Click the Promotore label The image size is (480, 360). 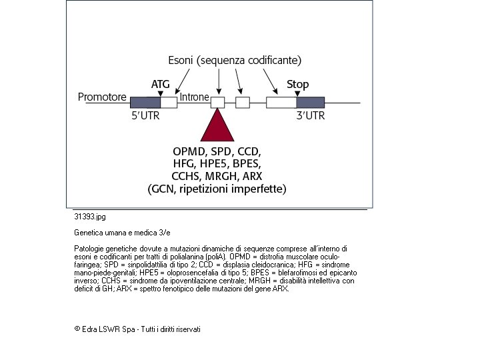(x=102, y=97)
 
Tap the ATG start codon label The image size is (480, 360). (x=161, y=84)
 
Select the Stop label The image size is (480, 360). (x=297, y=84)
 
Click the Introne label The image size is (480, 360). (x=195, y=97)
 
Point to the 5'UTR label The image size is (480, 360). (x=145, y=115)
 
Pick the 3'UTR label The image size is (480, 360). (x=310, y=115)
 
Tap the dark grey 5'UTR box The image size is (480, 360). (x=145, y=103)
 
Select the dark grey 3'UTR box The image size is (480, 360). (x=310, y=103)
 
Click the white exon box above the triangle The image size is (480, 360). (x=218, y=103)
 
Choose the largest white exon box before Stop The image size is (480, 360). (x=281, y=103)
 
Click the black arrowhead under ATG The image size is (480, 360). (x=161, y=93)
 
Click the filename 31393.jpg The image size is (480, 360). (x=90, y=217)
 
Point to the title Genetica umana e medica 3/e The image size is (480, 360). (x=121, y=233)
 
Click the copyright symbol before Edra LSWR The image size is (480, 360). (x=77, y=329)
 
